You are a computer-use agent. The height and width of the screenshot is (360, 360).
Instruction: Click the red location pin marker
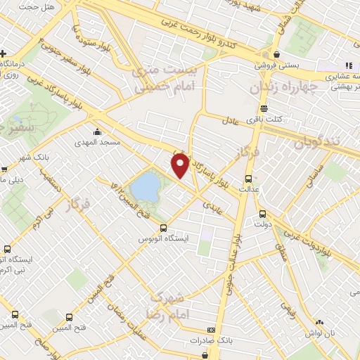click(180, 166)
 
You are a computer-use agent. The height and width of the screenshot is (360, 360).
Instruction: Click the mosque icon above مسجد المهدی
click(97, 131)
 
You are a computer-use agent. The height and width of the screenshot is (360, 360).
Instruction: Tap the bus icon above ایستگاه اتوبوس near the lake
click(163, 228)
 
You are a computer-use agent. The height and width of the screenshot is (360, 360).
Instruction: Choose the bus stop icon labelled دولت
click(262, 214)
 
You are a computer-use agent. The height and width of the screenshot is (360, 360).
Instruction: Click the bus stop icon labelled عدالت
click(249, 178)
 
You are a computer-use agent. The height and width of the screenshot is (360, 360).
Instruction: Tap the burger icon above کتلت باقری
click(264, 108)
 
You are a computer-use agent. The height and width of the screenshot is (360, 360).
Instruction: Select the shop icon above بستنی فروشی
click(277, 54)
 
